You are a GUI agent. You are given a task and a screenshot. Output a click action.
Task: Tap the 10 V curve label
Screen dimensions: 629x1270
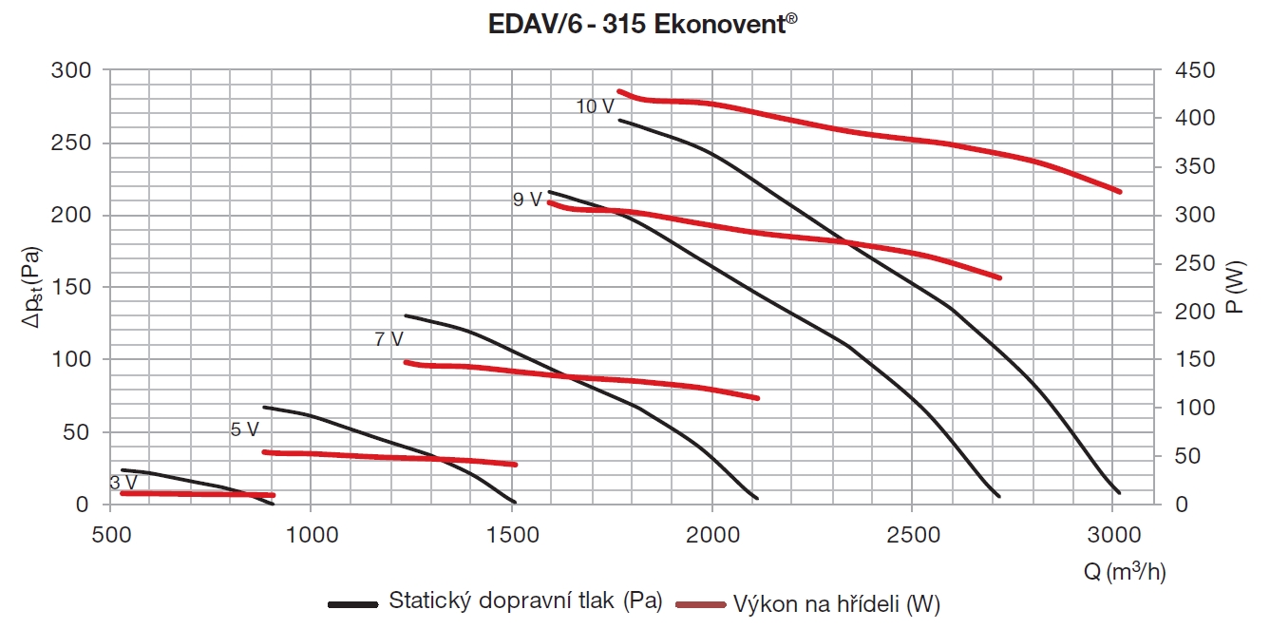[x=595, y=106]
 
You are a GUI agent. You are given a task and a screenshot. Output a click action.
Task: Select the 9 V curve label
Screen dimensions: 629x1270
[x=527, y=200]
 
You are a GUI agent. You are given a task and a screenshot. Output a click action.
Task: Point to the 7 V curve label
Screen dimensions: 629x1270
[x=389, y=338]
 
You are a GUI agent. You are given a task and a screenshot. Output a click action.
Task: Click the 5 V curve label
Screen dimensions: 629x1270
[x=244, y=429]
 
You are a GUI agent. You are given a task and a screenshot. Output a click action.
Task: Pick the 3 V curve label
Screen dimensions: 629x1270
[x=123, y=483]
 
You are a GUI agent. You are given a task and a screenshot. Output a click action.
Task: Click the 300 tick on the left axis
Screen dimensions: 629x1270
[x=71, y=71]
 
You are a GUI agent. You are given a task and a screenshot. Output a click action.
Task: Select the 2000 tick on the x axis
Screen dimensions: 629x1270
[x=712, y=531]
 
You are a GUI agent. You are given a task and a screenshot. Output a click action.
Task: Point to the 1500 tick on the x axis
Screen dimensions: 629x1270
[x=512, y=531]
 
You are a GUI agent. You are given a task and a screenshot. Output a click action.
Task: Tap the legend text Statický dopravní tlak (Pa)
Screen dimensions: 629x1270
[x=525, y=600]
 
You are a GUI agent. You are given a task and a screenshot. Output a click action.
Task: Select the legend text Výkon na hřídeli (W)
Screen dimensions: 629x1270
[x=836, y=603]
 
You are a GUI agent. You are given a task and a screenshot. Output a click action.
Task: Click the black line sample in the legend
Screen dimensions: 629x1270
[x=353, y=604]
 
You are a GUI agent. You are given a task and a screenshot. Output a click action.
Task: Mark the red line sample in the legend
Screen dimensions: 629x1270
[x=699, y=604]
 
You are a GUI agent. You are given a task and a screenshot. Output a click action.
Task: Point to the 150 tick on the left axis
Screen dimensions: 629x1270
[x=71, y=288]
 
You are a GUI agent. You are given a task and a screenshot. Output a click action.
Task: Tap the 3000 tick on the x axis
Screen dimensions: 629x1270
[x=1113, y=531]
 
